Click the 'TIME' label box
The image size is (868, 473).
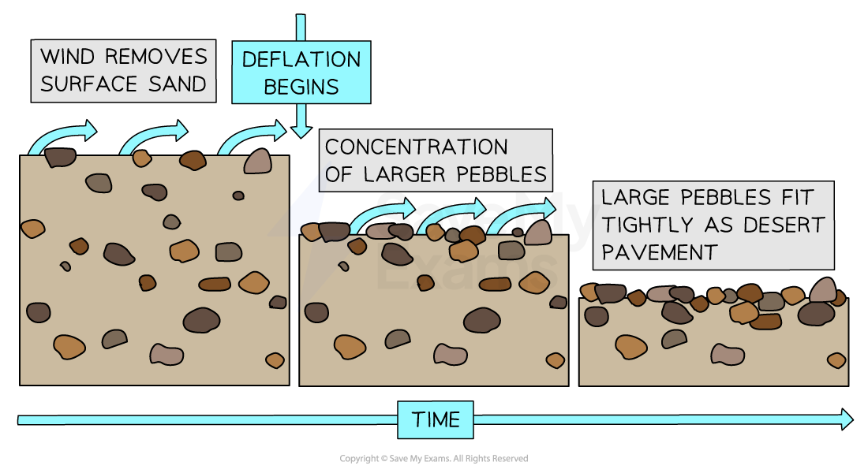[x=435, y=419]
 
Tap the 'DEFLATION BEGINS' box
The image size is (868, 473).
[x=301, y=73]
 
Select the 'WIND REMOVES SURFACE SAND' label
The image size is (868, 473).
[x=123, y=71]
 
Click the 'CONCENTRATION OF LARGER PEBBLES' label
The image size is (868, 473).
[x=436, y=160]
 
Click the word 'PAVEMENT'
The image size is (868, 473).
[x=659, y=252]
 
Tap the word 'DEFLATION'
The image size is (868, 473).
[x=301, y=59]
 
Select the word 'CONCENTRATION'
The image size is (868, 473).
[x=416, y=147]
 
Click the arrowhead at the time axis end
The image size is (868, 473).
[x=846, y=419]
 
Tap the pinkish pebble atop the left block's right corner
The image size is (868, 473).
[x=258, y=161]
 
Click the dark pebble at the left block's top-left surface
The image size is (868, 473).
[x=59, y=157]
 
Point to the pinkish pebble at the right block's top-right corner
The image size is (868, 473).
[x=824, y=290]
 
